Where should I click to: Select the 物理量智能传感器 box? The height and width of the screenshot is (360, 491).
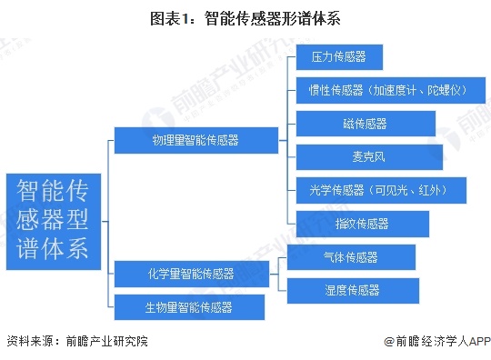(x=195, y=140)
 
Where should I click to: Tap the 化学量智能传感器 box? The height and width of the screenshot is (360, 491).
(x=191, y=273)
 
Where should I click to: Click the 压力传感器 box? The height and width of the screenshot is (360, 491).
(x=337, y=56)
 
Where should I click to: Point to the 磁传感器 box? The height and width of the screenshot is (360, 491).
(x=349, y=124)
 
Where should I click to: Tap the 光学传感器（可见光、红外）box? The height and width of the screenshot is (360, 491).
(x=381, y=190)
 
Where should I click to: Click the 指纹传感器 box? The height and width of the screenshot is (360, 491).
(x=349, y=224)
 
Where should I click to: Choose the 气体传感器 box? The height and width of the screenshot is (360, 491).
(x=350, y=257)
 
